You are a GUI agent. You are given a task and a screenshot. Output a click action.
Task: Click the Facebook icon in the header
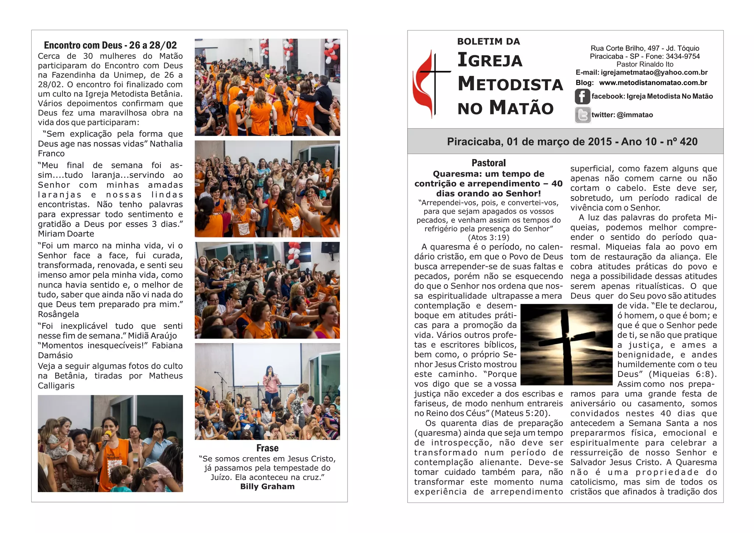click(582, 96)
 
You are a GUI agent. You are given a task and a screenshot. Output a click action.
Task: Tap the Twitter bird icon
click(582, 115)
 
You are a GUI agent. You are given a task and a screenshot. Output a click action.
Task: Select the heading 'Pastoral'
click(489, 163)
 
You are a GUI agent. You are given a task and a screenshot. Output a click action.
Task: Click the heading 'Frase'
click(267, 448)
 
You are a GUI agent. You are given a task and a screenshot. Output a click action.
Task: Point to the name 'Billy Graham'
click(267, 487)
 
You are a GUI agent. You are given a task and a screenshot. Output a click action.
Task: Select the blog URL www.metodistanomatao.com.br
click(653, 83)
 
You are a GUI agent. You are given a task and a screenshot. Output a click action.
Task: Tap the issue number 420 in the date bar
click(688, 142)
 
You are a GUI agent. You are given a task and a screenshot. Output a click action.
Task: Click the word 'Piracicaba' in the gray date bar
click(475, 142)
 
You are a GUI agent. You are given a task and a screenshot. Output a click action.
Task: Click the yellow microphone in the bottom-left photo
click(108, 435)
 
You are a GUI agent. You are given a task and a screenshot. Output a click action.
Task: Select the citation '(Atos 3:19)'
click(489, 238)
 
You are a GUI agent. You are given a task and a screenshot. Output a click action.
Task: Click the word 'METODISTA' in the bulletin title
click(510, 84)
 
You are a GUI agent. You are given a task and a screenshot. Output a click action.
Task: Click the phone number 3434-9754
click(683, 56)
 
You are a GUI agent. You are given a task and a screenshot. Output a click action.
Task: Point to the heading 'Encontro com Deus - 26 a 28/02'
click(110, 45)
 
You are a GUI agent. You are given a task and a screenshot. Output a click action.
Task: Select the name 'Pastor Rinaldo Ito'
click(645, 64)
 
